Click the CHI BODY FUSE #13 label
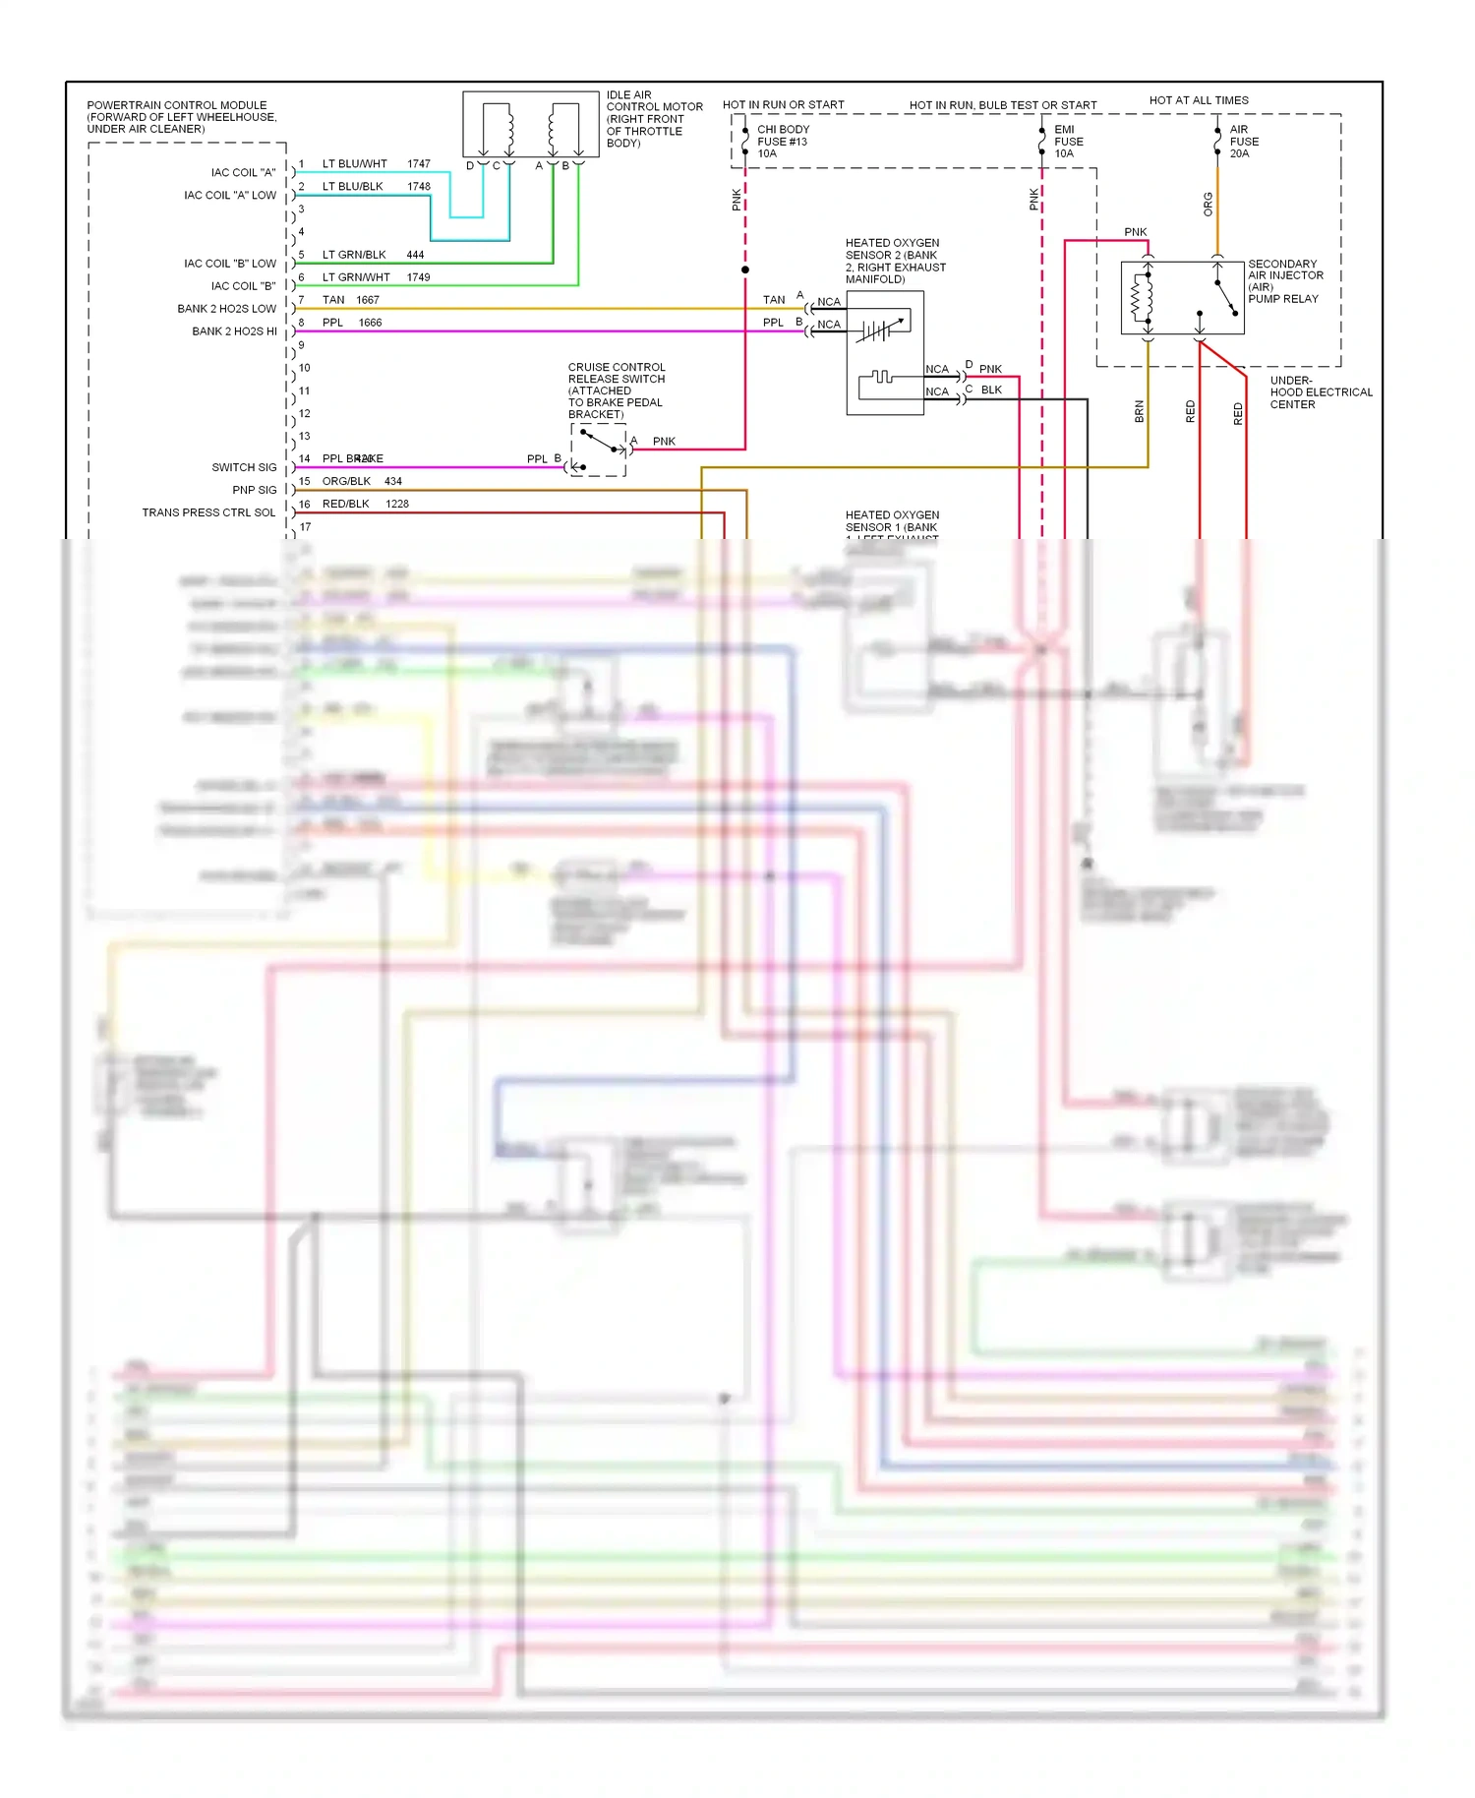point(783,142)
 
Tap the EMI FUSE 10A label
point(1068,142)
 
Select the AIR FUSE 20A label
point(1244,142)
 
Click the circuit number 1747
point(419,164)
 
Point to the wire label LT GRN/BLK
point(354,255)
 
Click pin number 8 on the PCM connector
point(302,323)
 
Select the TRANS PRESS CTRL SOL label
point(208,512)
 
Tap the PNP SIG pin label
point(254,490)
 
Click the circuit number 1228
point(397,504)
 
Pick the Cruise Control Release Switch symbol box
point(598,450)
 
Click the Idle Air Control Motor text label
point(654,119)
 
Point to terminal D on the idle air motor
point(470,165)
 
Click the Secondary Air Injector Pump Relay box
point(1182,298)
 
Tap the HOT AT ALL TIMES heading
point(1199,100)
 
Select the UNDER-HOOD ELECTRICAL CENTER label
point(1321,392)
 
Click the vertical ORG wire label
point(1208,205)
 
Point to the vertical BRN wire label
point(1139,411)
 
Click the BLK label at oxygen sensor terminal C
point(991,390)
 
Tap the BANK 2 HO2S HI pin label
point(234,331)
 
